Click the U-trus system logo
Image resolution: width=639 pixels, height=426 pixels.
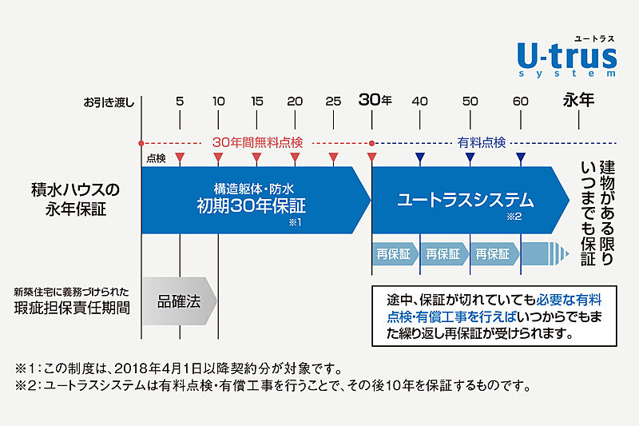566,56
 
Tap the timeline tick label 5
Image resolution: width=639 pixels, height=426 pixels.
180,102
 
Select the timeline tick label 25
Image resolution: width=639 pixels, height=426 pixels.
334,102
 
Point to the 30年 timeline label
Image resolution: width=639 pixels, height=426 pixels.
375,101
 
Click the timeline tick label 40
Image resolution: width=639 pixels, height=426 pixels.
420,102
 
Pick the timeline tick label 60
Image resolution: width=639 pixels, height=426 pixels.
521,102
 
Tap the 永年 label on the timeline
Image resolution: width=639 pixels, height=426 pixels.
579,101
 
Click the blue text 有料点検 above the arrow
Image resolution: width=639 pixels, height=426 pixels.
481,141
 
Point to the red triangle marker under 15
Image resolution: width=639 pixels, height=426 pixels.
256,158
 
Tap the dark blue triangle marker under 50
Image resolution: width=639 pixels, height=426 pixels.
470,158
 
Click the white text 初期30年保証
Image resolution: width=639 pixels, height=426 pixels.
252,205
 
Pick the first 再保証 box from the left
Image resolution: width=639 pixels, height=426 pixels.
394,255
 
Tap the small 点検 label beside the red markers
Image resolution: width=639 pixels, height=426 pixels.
157,158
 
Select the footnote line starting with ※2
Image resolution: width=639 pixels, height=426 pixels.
272,386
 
